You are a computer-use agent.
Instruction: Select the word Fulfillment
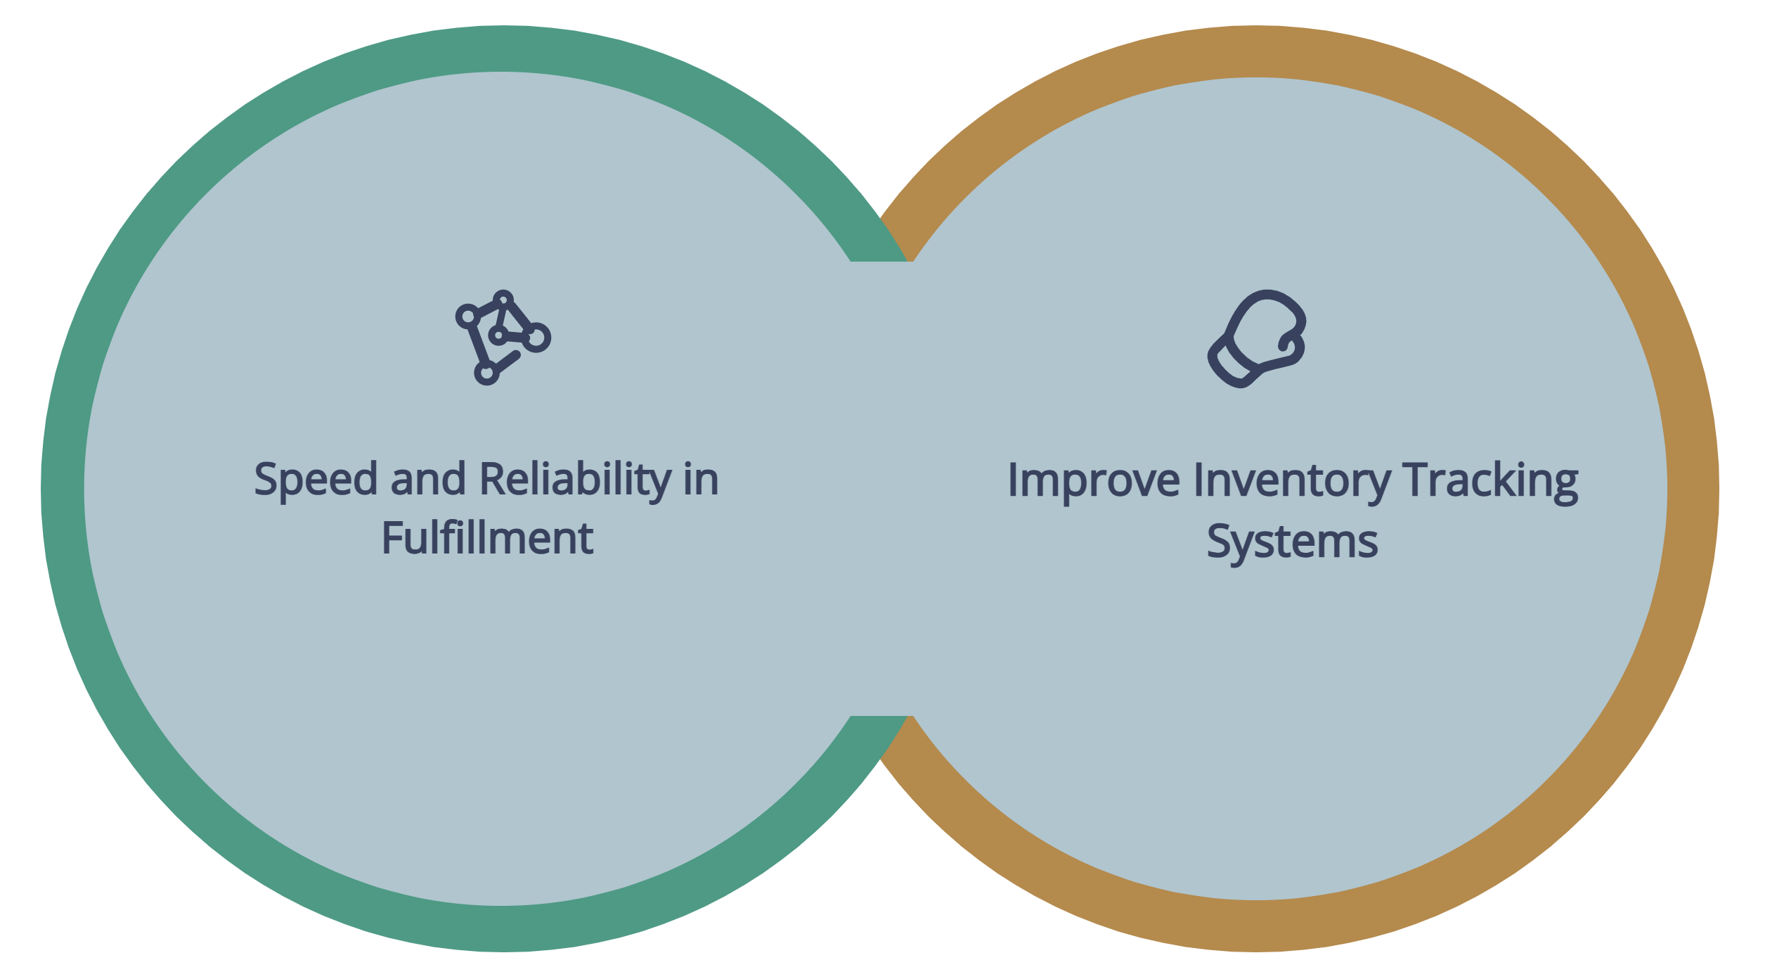[487, 539]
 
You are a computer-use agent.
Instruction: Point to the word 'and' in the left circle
[428, 479]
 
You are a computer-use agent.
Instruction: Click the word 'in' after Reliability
[702, 480]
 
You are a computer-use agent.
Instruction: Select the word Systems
[1292, 542]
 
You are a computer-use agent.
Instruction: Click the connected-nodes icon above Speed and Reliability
[503, 338]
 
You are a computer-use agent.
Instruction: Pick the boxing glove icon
[1257, 338]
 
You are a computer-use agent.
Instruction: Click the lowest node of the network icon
[486, 373]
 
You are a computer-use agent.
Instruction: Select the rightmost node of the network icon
[536, 338]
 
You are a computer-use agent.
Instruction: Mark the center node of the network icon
[498, 335]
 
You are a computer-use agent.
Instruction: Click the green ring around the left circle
[63, 489]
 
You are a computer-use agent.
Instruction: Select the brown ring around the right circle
[1693, 489]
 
